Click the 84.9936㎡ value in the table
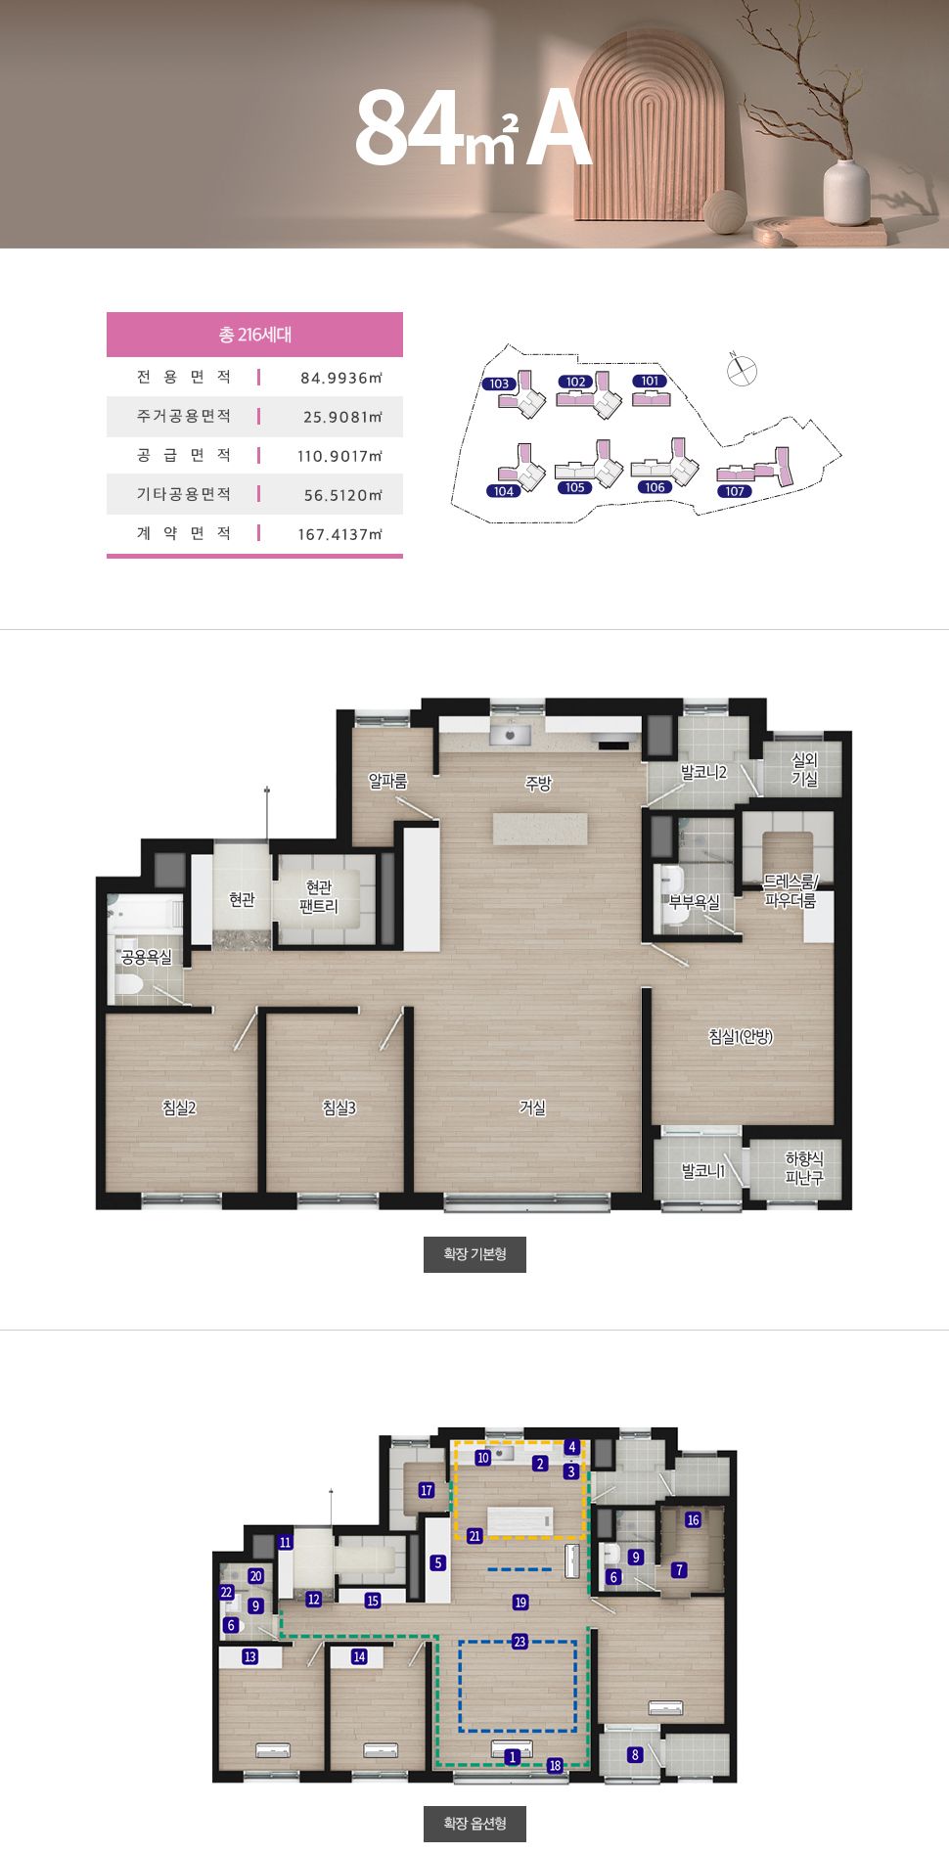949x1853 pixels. (x=340, y=378)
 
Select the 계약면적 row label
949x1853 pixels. (x=184, y=533)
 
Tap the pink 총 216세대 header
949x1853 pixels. (x=254, y=335)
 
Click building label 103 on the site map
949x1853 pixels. (x=500, y=384)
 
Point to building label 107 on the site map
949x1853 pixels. (x=736, y=491)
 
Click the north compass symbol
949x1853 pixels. (x=743, y=371)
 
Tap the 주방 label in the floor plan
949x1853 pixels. (x=538, y=783)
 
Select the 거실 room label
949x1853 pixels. (x=532, y=1107)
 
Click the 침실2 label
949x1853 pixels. (x=179, y=1107)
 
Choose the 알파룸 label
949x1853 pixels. (x=387, y=780)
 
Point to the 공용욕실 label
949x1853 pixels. (x=146, y=957)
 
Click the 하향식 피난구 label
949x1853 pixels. (x=804, y=1168)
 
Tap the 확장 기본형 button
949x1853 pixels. (x=474, y=1254)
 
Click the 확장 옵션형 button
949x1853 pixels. (x=474, y=1824)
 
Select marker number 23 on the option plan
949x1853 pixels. (x=520, y=1642)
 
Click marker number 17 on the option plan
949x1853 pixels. (x=427, y=1490)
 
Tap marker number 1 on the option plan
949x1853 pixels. (x=513, y=1757)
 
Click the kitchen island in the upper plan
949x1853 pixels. (x=541, y=828)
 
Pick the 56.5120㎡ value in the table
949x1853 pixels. (x=342, y=495)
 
